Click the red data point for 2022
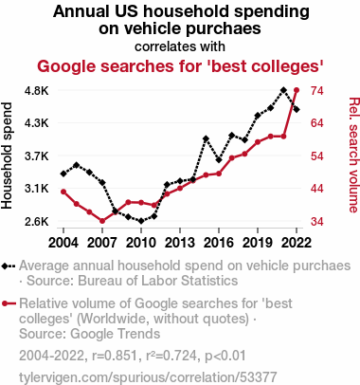pyautogui.click(x=297, y=90)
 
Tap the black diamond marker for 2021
pyautogui.click(x=283, y=90)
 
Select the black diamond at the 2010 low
pyautogui.click(x=141, y=221)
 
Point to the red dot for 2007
pyautogui.click(x=102, y=221)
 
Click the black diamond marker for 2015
pyautogui.click(x=206, y=138)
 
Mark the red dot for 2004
pyautogui.click(x=63, y=192)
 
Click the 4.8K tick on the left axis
pyautogui.click(x=37, y=91)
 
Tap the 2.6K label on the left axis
pyautogui.click(x=37, y=221)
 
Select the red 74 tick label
pyautogui.click(x=316, y=91)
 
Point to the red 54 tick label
pyautogui.click(x=316, y=156)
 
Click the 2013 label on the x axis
pyautogui.click(x=180, y=243)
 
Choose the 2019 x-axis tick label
pyautogui.click(x=258, y=243)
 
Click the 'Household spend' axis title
pyautogui.click(x=7, y=156)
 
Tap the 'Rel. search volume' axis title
pyautogui.click(x=354, y=155)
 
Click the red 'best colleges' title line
pyautogui.click(x=180, y=66)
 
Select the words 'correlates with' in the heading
pyautogui.click(x=180, y=46)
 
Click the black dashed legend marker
pyautogui.click(x=9, y=266)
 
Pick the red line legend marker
pyautogui.click(x=9, y=303)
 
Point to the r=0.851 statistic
pyautogui.click(x=115, y=356)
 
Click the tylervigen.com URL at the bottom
pyautogui.click(x=148, y=377)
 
